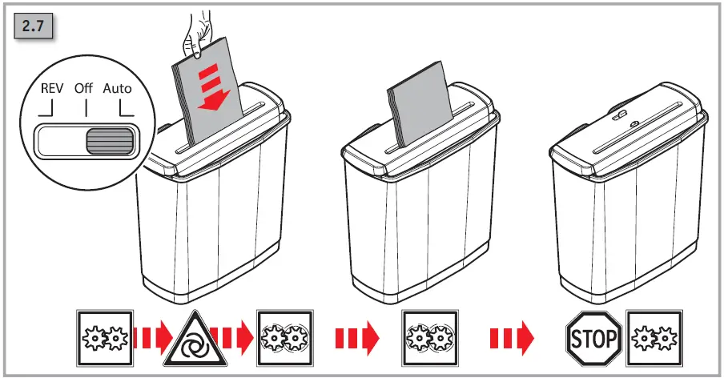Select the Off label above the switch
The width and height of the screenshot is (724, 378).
[x=84, y=89]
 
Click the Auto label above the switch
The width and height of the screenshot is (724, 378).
[x=117, y=89]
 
